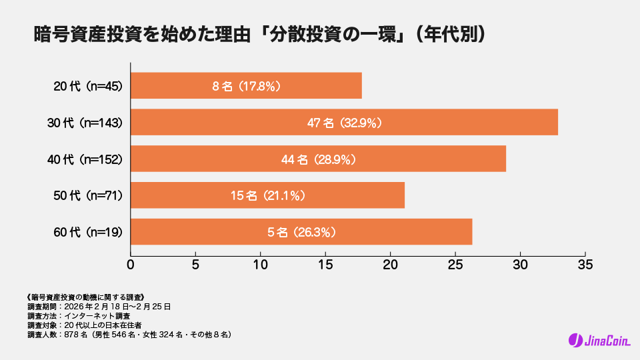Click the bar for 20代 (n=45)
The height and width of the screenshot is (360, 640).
coord(246,86)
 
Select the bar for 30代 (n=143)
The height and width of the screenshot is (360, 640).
coord(344,123)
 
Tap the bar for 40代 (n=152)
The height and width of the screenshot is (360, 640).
coord(318,159)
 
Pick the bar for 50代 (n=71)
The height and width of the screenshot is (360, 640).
coord(267,195)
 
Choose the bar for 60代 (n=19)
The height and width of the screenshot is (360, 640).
coord(301,232)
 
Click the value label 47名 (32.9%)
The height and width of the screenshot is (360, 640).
coord(344,123)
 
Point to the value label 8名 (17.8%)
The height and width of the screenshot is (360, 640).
coord(246,86)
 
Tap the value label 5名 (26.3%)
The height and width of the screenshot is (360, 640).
coord(301,232)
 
